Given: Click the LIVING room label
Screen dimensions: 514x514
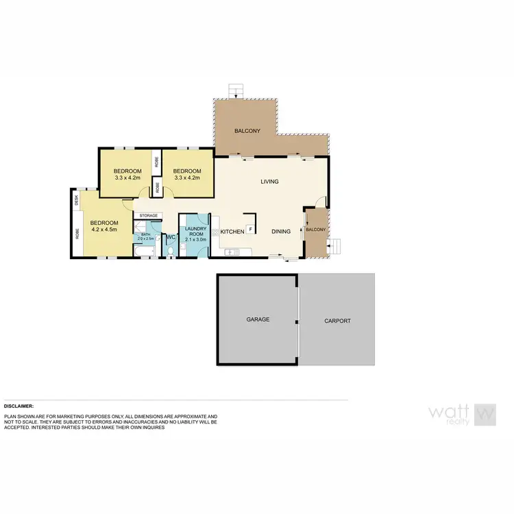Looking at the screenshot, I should click(x=269, y=182).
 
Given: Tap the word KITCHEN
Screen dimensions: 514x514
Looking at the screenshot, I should click(x=232, y=232).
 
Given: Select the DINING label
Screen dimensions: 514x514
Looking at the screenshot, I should click(x=281, y=232).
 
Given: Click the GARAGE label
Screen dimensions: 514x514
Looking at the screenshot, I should click(x=258, y=319).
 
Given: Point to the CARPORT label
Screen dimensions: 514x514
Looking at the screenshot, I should click(x=337, y=320).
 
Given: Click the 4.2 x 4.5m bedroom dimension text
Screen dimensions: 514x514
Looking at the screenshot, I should click(x=104, y=230).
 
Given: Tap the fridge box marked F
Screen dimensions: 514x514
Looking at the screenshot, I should click(x=251, y=229).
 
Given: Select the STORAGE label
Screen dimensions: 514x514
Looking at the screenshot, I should click(x=149, y=216).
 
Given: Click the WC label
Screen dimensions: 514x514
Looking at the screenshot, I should click(x=171, y=238).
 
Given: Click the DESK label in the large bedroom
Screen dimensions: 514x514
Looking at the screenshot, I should click(x=77, y=199).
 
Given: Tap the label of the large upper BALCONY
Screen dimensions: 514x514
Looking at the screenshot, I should click(x=247, y=131).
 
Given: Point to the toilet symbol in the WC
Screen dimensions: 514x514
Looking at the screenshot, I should click(x=170, y=253).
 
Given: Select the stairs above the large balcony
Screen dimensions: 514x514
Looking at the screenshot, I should click(x=236, y=90).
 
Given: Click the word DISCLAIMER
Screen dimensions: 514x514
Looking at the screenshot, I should click(x=19, y=406).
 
